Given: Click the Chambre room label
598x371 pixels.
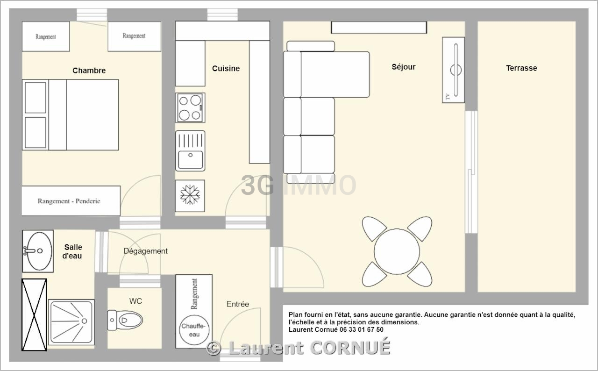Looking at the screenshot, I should (x=89, y=71).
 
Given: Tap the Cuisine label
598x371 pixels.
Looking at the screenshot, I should (x=226, y=68).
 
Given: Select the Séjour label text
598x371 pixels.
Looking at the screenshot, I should (x=403, y=67).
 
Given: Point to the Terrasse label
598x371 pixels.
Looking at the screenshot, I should (x=521, y=68).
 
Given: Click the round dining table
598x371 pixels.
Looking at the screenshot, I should (x=397, y=251).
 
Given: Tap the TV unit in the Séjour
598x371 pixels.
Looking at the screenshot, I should (x=453, y=70).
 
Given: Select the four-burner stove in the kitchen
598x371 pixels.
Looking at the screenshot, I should (x=190, y=108).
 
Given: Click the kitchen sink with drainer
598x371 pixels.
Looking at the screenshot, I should (x=190, y=150).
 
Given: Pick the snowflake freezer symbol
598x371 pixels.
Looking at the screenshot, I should (x=190, y=195).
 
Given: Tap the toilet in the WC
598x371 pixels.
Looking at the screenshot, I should (x=126, y=320).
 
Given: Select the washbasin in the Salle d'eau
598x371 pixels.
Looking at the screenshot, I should (x=37, y=251).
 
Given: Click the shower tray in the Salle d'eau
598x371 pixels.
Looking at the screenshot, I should (x=71, y=322).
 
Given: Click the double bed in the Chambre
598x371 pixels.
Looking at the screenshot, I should (x=70, y=114).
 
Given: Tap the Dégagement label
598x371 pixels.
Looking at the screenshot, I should (x=145, y=251).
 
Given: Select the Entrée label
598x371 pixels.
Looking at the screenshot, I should (x=237, y=304).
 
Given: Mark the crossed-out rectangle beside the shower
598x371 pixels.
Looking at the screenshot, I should (x=34, y=314).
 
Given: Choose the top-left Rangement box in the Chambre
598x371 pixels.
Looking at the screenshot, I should (x=46, y=36).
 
